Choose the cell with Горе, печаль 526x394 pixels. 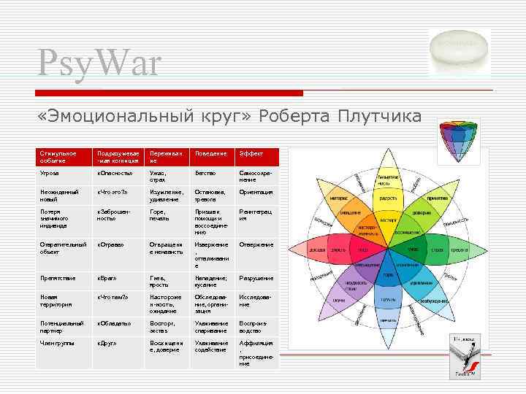click(x=161, y=215)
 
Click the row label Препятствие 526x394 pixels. click(x=58, y=278)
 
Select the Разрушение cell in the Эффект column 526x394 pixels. click(x=256, y=278)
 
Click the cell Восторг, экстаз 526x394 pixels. click(x=161, y=325)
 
